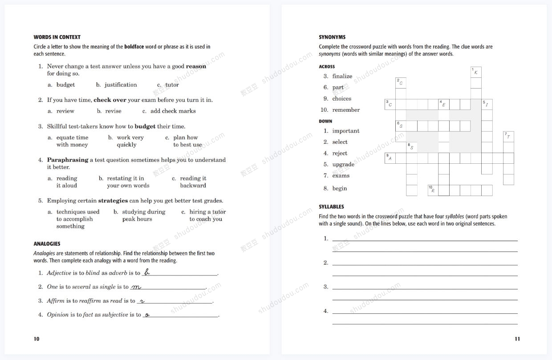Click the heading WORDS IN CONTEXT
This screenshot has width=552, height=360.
coord(57,37)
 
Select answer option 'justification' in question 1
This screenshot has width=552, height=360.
coord(121,85)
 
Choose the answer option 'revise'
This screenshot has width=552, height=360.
coord(113,111)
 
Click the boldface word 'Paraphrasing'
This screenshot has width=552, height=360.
coord(68,160)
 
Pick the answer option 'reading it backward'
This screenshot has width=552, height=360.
coord(193,182)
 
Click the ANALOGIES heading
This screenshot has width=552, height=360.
coord(47,244)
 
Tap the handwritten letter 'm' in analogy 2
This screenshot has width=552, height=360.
coord(136,287)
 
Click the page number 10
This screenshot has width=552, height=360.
coord(37,339)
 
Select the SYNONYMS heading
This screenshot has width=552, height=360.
coord(332,37)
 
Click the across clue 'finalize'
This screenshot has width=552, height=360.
coord(342,77)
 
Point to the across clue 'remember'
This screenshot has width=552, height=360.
coord(346,110)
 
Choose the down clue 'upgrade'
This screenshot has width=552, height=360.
coord(343,165)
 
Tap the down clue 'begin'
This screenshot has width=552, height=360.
coord(339,189)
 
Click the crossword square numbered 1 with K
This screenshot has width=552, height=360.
coord(476,72)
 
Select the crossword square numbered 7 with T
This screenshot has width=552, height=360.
coord(508,137)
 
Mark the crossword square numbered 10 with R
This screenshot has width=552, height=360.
coord(433,190)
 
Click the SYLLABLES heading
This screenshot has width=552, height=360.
coord(331,207)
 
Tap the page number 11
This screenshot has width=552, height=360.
coord(517,339)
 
